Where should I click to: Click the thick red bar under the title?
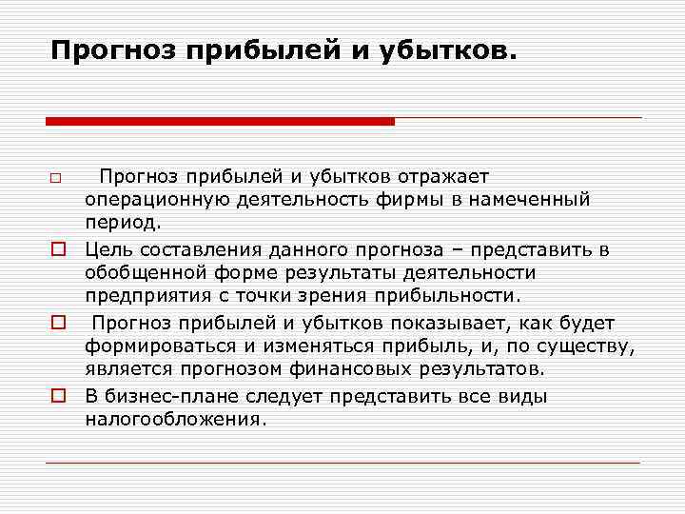[x=220, y=121]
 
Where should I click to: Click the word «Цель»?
[x=107, y=249]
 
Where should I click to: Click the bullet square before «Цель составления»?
[x=57, y=249]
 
